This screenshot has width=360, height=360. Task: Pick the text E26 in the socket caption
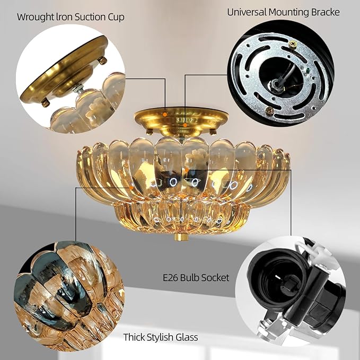[x=171, y=277]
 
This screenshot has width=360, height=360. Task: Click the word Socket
[x=215, y=277]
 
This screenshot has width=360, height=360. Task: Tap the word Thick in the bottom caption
[x=135, y=337]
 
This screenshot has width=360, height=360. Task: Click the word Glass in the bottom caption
[x=188, y=337]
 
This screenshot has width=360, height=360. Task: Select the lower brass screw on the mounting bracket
[x=269, y=110]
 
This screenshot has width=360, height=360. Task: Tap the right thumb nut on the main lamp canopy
[x=213, y=130]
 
